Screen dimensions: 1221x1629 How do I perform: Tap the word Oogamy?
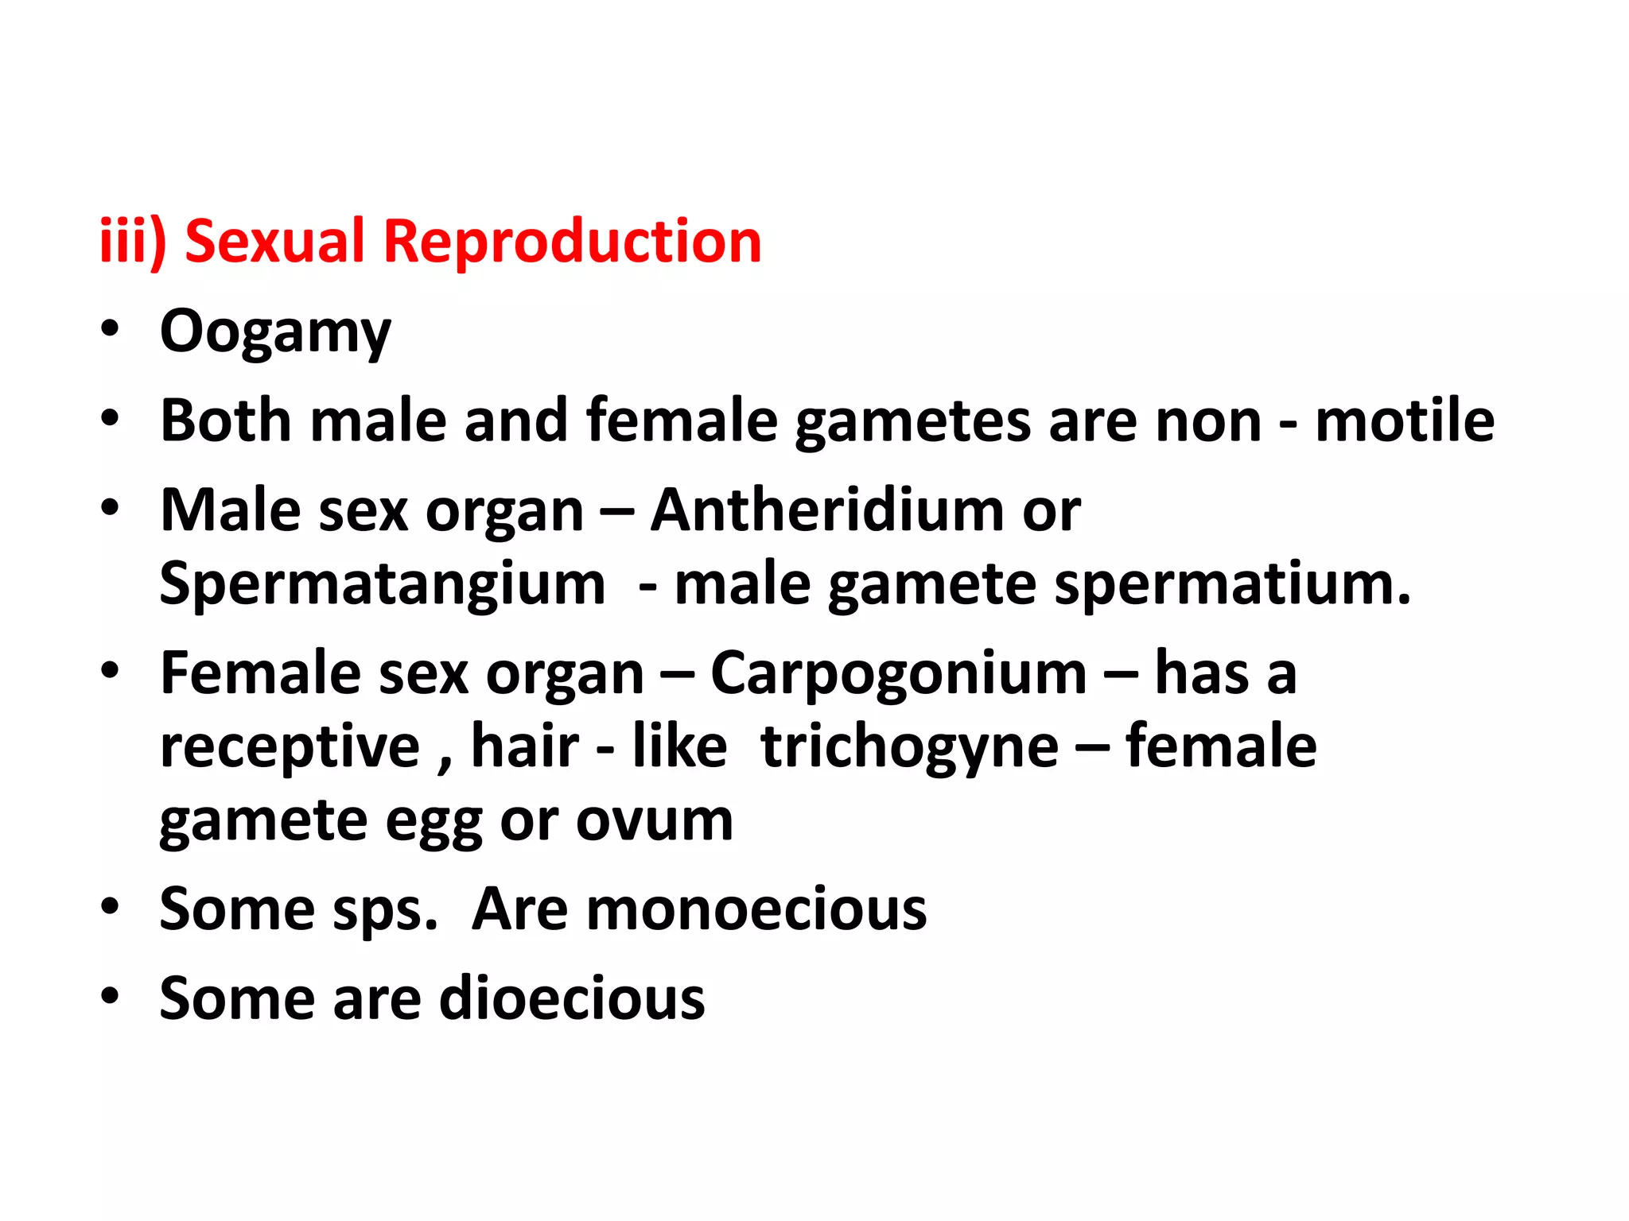click(275, 332)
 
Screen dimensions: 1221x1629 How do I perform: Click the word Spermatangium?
click(383, 585)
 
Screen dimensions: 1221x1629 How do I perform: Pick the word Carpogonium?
click(898, 673)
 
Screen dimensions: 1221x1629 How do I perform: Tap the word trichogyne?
click(910, 747)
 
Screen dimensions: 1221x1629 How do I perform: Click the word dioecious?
click(572, 998)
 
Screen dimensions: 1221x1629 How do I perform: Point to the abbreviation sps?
click(378, 911)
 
